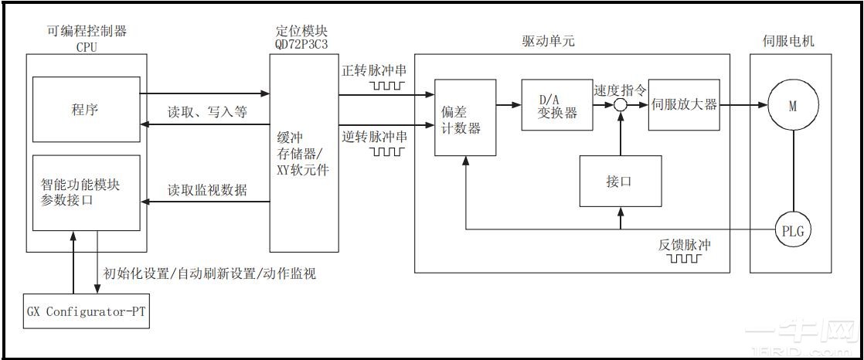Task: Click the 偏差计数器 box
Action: tap(464, 117)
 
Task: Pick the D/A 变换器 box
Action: tap(557, 105)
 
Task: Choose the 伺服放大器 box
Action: tap(684, 104)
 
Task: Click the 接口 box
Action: tap(620, 182)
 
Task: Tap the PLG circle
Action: tap(792, 229)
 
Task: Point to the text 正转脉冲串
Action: tap(374, 70)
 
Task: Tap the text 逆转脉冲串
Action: tap(374, 137)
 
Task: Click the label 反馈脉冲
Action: tap(684, 245)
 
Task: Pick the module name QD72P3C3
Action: tap(301, 46)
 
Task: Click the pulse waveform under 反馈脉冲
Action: tap(684, 259)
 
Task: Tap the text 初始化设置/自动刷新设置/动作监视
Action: tap(209, 273)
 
